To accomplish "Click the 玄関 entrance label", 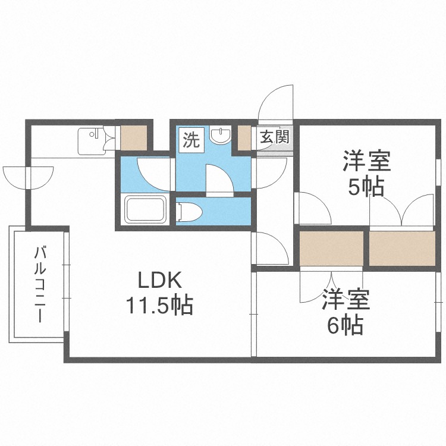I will coord(274,138).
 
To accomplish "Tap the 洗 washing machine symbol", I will coord(191,141).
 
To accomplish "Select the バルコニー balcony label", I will coord(40,284).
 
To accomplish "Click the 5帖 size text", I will coord(365,187).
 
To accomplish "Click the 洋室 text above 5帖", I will coord(366,161).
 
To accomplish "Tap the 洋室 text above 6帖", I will coord(346,300).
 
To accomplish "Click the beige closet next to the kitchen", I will coord(133,137).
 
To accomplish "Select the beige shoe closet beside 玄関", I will coord(244,138).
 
